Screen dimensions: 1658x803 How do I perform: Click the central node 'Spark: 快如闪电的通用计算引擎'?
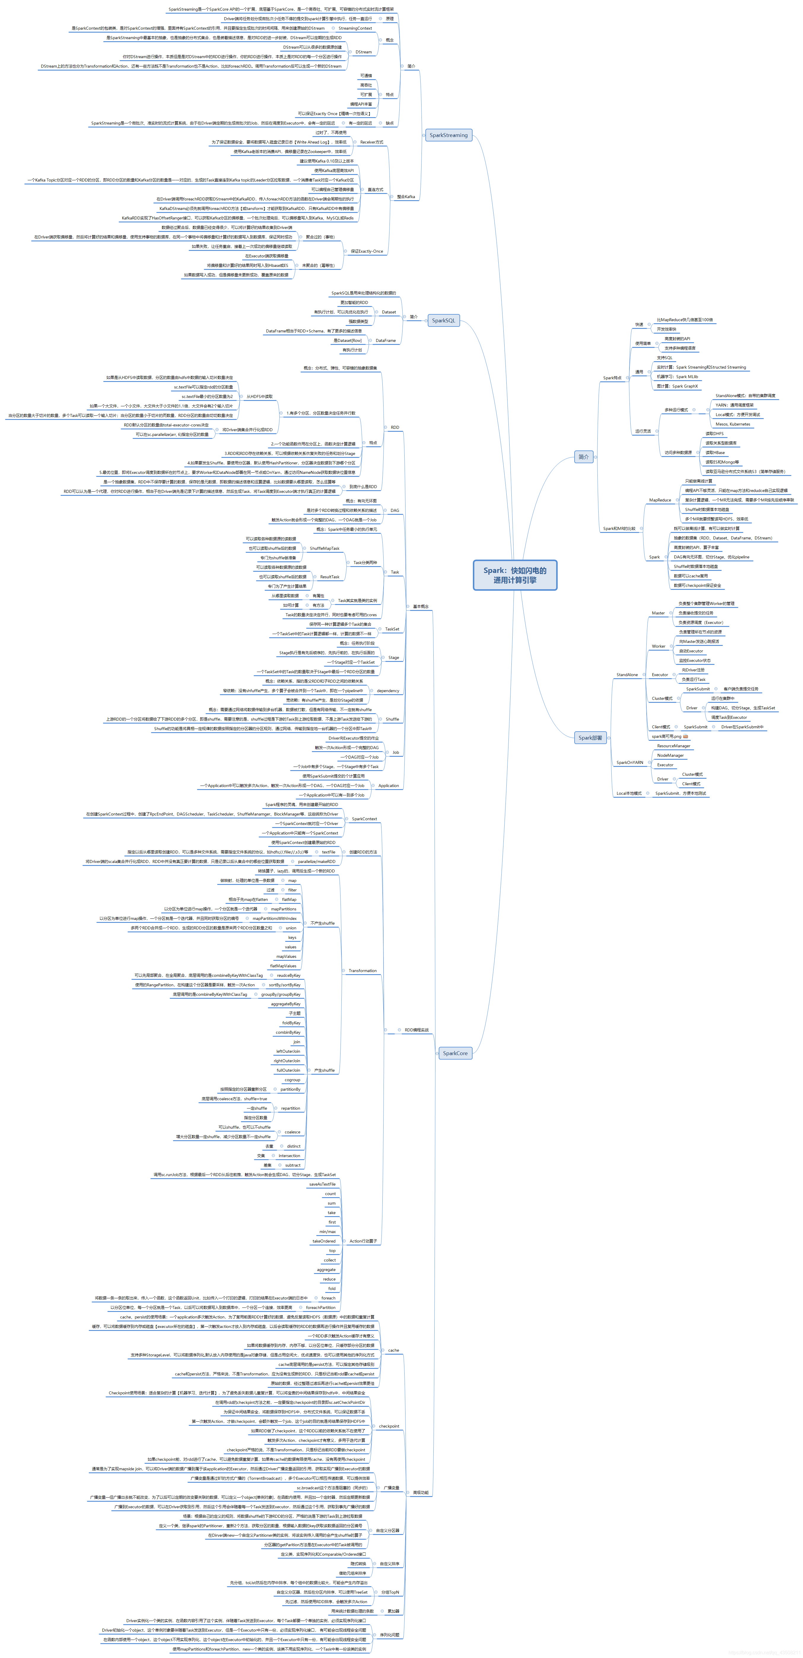tap(514, 575)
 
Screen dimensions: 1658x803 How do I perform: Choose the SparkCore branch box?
tap(455, 1053)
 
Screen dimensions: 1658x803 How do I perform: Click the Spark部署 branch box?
tap(590, 738)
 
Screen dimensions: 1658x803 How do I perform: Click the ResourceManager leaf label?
tap(673, 746)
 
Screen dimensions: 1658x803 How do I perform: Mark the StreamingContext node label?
tap(355, 28)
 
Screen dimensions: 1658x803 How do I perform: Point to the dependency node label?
tap(388, 691)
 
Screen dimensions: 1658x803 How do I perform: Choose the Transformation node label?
tap(362, 971)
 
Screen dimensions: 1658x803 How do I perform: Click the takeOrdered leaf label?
tap(324, 1241)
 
